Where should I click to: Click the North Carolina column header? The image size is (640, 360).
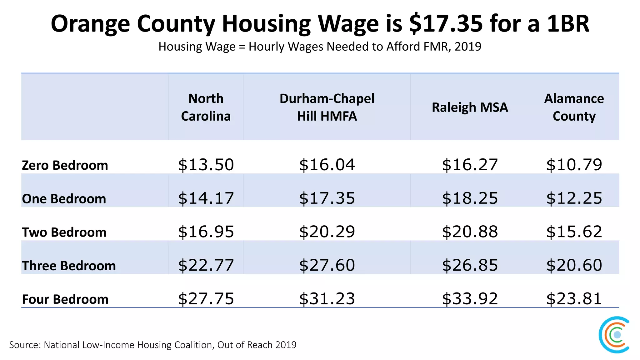coord(206,107)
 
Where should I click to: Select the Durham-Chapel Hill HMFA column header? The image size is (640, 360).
coord(327,107)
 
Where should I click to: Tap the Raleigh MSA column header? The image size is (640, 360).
coord(470,107)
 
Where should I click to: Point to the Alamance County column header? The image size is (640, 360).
coord(574,107)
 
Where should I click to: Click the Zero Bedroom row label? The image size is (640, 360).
coord(65,165)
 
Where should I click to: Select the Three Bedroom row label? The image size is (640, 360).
coord(69,266)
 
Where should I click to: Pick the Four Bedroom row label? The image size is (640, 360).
coord(65,299)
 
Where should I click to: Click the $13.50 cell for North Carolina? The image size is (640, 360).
coord(206,165)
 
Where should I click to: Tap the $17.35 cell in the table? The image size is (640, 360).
coord(327,198)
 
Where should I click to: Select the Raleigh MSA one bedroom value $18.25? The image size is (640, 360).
coord(470,198)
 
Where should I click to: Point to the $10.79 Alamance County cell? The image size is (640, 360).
coord(574,165)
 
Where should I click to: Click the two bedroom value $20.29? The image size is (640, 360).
coord(327,232)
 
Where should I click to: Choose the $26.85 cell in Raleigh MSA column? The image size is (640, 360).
coord(470,265)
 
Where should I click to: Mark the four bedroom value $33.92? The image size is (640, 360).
coord(470,298)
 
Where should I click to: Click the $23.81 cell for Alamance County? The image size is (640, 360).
coord(574,298)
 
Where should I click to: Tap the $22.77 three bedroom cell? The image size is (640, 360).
coord(206,265)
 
